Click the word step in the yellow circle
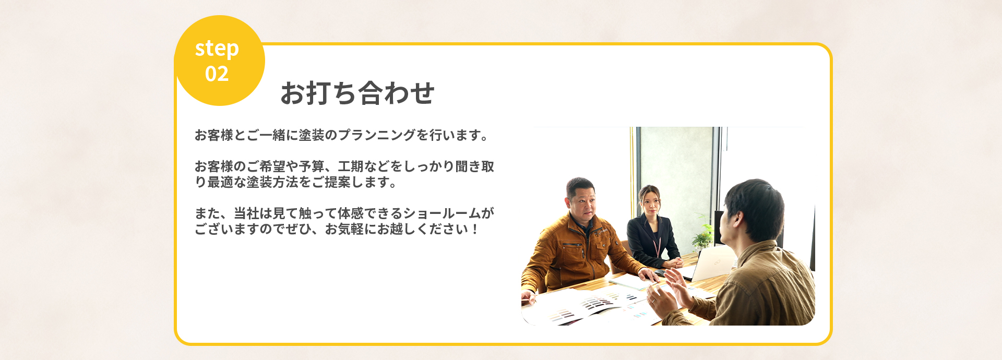tap(217, 49)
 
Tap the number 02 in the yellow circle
tap(217, 74)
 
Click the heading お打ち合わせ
tap(357, 93)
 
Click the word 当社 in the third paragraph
tap(247, 213)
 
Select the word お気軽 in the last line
tap(344, 229)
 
